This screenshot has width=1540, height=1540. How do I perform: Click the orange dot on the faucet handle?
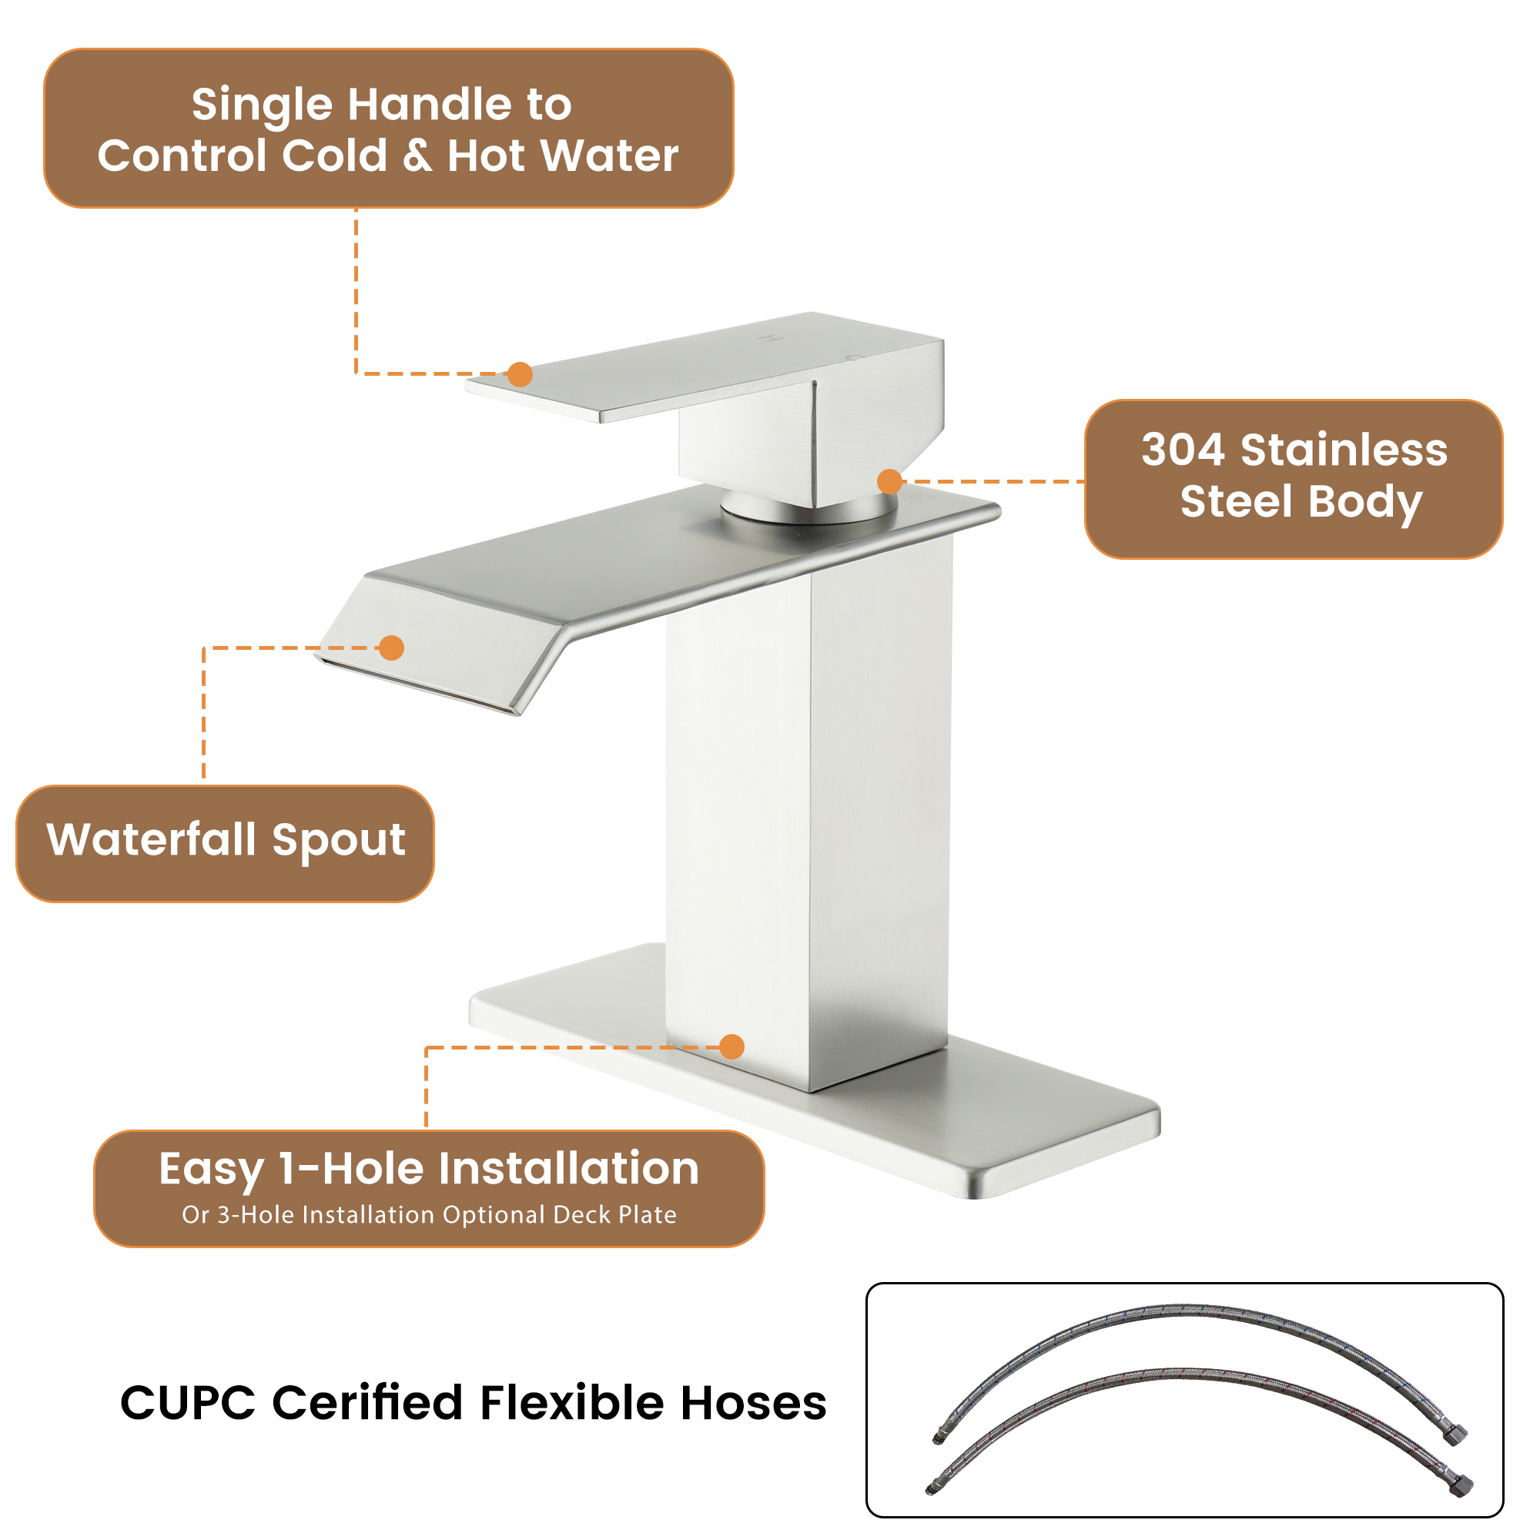pos(520,374)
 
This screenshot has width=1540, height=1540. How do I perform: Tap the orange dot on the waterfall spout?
pos(391,648)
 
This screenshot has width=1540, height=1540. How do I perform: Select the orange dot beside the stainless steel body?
pos(889,481)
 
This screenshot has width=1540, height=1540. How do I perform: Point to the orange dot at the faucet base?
pos(731,1046)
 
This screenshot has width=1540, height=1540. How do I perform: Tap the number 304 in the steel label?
pos(1182,450)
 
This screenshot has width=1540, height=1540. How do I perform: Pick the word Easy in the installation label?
pos(210,1170)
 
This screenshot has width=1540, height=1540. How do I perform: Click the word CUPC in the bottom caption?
pos(187,1403)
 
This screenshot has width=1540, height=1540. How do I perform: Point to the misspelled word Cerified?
pos(367,1403)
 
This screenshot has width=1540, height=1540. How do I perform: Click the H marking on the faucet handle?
pos(770,339)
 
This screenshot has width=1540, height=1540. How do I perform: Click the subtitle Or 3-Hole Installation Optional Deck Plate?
pos(429,1215)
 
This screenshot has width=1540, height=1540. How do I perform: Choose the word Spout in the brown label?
pos(339,841)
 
